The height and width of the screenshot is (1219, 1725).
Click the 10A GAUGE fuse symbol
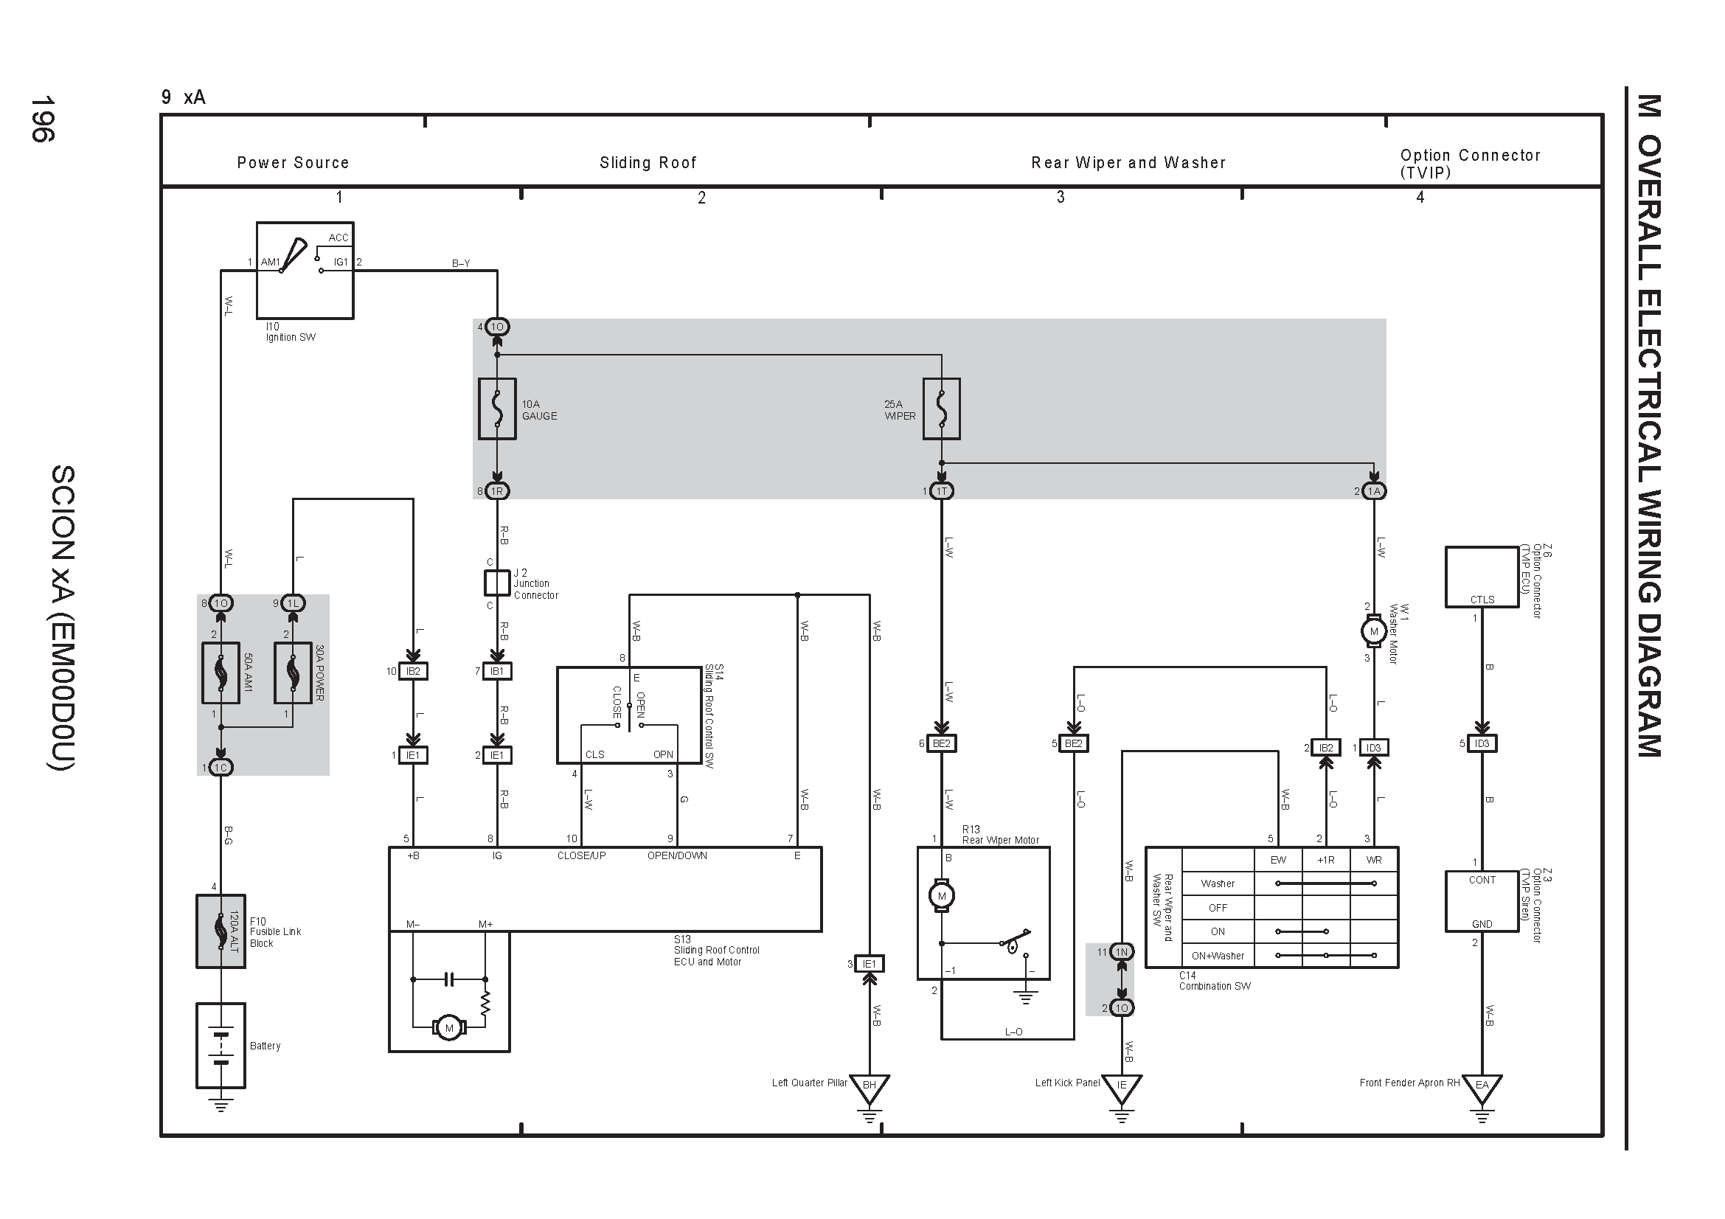point(496,409)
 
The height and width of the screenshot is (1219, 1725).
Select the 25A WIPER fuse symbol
point(941,409)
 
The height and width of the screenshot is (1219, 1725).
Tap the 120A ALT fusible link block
point(221,931)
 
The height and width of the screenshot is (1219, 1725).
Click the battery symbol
point(221,1046)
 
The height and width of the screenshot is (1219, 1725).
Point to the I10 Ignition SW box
point(305,271)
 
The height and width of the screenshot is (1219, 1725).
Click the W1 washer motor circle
point(1374,632)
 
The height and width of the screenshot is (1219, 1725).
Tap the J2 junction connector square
point(496,583)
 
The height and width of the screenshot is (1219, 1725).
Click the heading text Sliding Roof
point(648,162)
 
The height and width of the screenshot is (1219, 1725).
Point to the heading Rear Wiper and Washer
point(1128,162)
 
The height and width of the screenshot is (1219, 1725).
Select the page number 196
point(42,119)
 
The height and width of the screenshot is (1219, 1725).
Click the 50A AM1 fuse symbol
point(221,673)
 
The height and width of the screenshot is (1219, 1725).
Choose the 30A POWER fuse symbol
point(293,673)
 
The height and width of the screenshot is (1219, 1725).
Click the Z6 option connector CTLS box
point(1482,577)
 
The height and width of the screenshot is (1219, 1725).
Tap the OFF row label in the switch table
point(1218,908)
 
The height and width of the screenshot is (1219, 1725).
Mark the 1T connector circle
point(941,491)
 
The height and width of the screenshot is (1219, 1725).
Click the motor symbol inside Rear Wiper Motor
point(941,896)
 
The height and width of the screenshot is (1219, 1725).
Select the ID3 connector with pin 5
point(1482,743)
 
